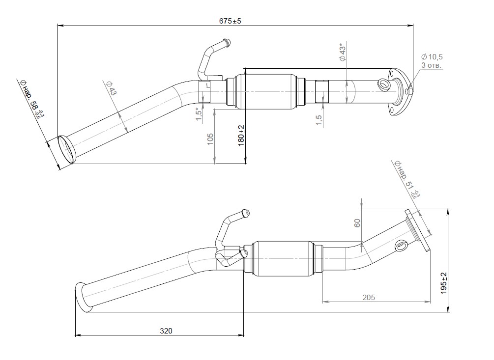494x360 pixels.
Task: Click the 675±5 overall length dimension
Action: (231, 21)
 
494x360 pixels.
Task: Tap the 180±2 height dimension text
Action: (241, 136)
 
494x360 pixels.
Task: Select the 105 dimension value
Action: (210, 139)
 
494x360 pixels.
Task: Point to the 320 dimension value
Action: (166, 331)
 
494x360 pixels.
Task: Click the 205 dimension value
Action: (369, 297)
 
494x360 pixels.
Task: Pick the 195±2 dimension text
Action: (443, 283)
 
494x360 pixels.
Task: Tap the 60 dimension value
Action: (357, 223)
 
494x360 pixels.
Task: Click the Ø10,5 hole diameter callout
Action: (432, 57)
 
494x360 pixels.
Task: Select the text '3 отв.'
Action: (431, 65)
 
